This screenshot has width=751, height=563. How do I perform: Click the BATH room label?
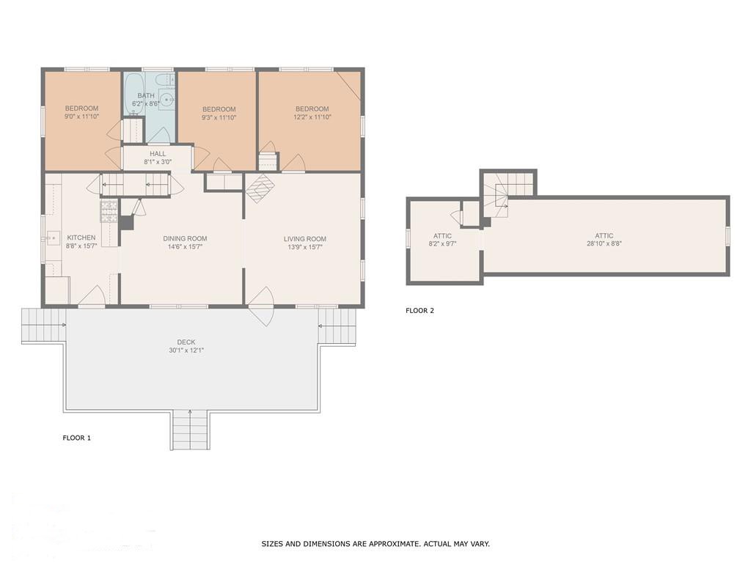pos(146,96)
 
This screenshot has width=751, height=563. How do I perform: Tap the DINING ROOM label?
pos(185,238)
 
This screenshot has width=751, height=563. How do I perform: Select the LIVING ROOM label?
pos(305,239)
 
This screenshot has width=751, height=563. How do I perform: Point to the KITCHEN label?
pos(81,238)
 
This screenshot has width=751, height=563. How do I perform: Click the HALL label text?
pos(158,154)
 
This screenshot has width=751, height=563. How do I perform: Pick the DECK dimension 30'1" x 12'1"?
pos(186,350)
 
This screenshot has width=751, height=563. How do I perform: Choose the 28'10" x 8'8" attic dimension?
pos(604,243)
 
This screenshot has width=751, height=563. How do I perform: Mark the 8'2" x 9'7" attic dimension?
pos(442,244)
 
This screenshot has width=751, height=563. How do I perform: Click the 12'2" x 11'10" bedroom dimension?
pos(312,117)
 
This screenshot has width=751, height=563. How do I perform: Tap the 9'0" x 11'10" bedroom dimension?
pos(82,117)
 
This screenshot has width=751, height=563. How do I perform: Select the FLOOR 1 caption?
pos(76,438)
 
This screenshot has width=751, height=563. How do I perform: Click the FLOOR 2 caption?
pos(420,311)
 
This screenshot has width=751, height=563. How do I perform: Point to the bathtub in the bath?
pos(134,95)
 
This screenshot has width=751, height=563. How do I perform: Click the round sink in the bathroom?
pos(167,100)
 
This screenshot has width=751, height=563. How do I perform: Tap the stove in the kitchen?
pos(109,211)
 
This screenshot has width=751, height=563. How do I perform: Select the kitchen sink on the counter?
pos(53,238)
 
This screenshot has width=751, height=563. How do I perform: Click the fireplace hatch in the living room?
pos(259,188)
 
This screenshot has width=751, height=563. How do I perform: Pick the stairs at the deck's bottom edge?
pos(191,430)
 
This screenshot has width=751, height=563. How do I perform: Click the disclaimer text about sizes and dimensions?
pos(375,544)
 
